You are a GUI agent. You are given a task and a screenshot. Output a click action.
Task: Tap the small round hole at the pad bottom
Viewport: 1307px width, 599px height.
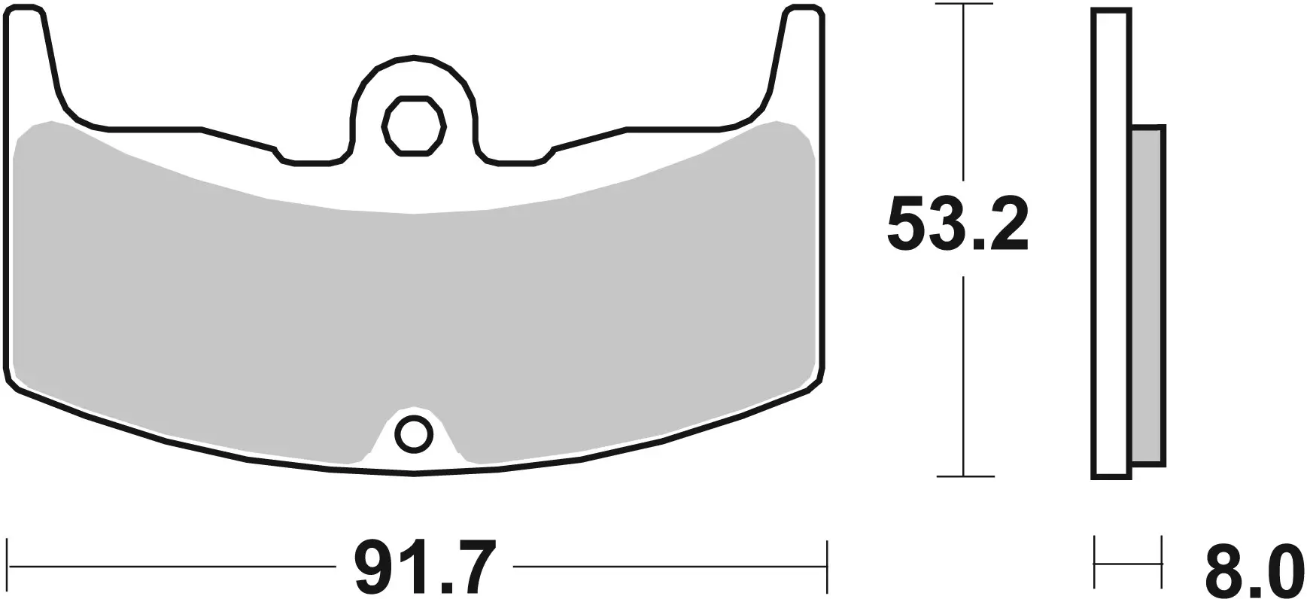[x=413, y=434]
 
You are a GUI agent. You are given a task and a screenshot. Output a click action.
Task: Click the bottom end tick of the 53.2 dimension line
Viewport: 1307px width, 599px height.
[x=964, y=476]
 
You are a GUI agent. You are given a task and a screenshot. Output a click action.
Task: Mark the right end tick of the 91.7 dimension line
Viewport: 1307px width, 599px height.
[x=826, y=564]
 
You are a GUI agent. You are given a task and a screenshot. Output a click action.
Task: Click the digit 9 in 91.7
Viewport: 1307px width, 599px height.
[x=357, y=566]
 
